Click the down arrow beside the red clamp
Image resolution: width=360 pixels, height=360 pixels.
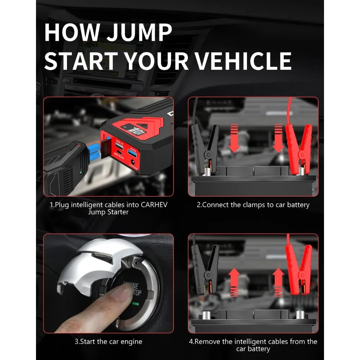pos(279,139)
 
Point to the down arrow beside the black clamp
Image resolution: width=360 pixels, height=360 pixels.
pos(234,139)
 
